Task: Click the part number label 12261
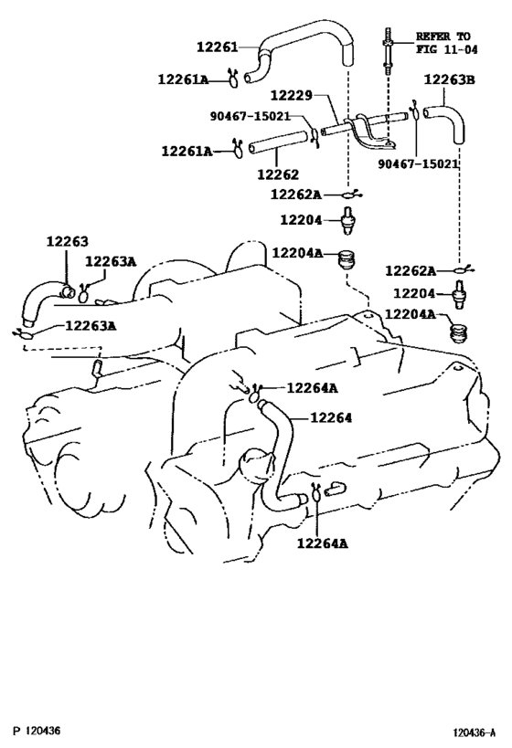tap(218, 47)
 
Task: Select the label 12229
tap(292, 95)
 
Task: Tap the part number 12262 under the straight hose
tap(278, 174)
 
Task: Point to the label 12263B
tap(450, 79)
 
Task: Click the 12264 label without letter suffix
tap(331, 418)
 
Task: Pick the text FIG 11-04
tap(446, 49)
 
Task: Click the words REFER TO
tap(443, 37)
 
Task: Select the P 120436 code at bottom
tap(37, 731)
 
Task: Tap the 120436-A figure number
tap(475, 732)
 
